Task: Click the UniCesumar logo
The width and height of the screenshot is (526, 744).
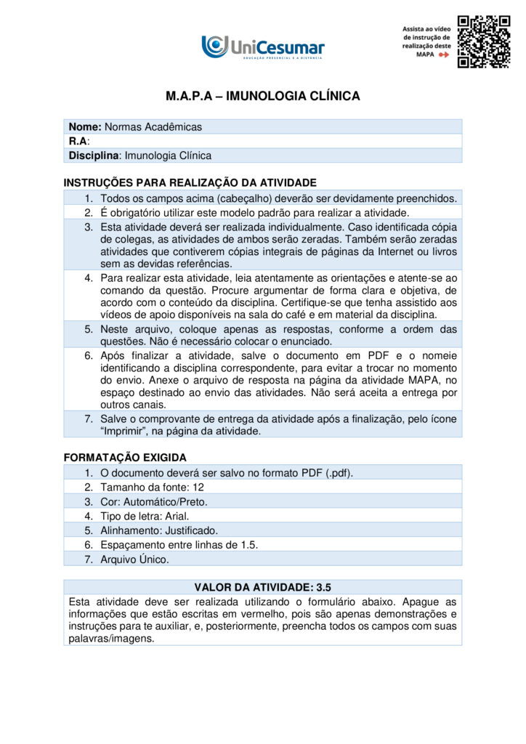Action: [263, 46]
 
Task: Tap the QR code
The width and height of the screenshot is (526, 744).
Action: [483, 41]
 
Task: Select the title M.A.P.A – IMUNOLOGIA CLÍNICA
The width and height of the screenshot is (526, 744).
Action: [262, 96]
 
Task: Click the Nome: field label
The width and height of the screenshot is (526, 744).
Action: [85, 127]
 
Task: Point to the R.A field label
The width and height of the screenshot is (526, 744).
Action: [78, 141]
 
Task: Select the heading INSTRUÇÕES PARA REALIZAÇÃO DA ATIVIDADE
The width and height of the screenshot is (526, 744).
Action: [190, 182]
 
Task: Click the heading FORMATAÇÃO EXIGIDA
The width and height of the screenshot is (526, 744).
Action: [125, 458]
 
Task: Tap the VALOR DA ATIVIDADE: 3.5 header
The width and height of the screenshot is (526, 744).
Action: [262, 587]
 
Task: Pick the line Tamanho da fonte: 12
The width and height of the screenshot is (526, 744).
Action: [153, 488]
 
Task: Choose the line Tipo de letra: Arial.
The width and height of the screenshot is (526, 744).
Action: [145, 516]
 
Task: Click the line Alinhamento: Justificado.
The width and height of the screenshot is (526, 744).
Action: [159, 530]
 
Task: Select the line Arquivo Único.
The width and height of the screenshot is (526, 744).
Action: [134, 559]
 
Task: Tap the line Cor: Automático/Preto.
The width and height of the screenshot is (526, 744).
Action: [154, 502]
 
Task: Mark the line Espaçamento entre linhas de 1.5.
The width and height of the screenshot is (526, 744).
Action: [179, 544]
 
